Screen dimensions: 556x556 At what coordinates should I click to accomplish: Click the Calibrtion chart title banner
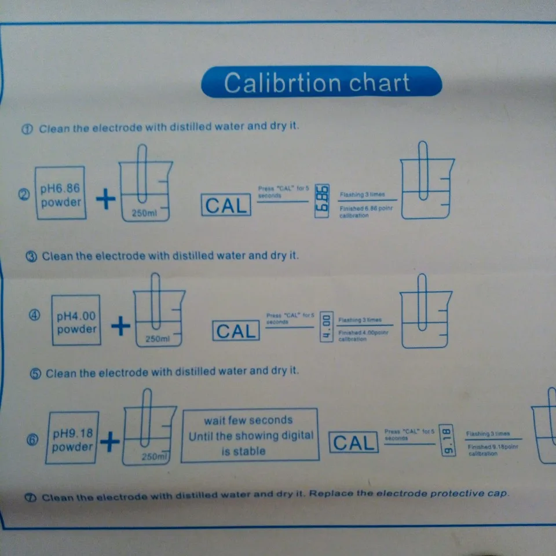click(321, 82)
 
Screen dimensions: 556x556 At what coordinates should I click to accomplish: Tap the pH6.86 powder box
click(61, 193)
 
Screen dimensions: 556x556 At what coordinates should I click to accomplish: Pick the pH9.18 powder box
click(73, 438)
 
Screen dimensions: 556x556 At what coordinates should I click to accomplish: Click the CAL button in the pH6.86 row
click(226, 205)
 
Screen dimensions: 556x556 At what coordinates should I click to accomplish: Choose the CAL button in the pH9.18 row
click(353, 443)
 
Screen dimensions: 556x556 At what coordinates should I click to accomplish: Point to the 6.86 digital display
click(322, 201)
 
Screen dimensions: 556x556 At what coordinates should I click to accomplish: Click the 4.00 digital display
click(326, 327)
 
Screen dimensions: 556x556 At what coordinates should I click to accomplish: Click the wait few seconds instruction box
click(250, 436)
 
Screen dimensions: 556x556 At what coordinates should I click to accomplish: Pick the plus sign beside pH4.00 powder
click(120, 327)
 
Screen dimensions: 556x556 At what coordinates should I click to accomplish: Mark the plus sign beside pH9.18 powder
click(109, 443)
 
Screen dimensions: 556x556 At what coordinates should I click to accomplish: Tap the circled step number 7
click(31, 497)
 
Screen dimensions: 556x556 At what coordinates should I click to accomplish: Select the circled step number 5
click(36, 374)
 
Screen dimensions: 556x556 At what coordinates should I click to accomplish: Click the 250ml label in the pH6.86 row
click(142, 214)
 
